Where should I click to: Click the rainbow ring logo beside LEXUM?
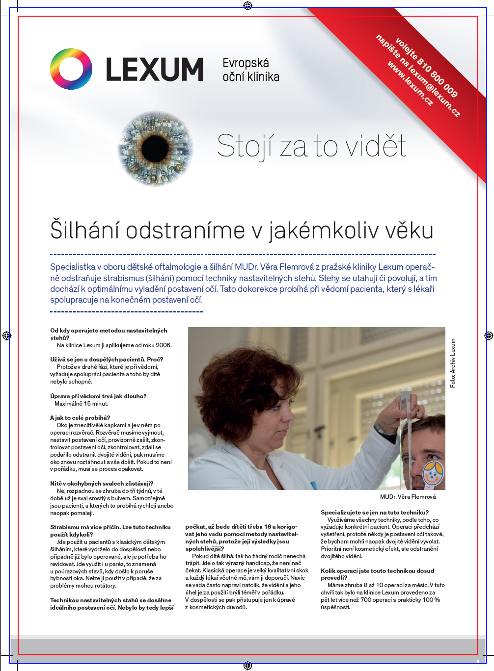click(x=71, y=69)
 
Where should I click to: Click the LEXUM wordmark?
click(x=154, y=70)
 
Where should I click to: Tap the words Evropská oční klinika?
click(x=250, y=70)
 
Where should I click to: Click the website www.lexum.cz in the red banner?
click(x=411, y=83)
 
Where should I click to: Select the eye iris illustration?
click(x=156, y=148)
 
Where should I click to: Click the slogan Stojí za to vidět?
click(x=312, y=146)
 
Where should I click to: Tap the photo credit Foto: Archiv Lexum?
click(x=453, y=363)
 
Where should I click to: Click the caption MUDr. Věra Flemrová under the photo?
click(x=408, y=497)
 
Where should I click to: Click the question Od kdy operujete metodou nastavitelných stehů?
click(x=109, y=334)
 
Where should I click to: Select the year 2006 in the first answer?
click(x=164, y=345)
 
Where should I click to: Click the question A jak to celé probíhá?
click(x=80, y=418)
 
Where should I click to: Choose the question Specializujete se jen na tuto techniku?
click(x=375, y=513)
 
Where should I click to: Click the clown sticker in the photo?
click(x=433, y=472)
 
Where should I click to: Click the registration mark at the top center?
click(x=247, y=6)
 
